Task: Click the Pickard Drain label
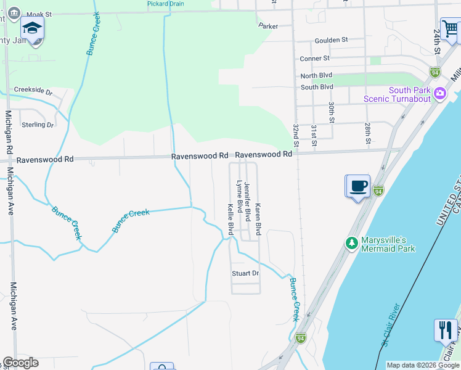pyautogui.click(x=166, y=4)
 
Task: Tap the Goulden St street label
pyautogui.click(x=331, y=40)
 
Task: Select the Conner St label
pyautogui.click(x=315, y=59)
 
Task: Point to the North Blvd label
pyautogui.click(x=317, y=76)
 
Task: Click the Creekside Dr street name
pyautogui.click(x=33, y=90)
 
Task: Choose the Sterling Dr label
pyautogui.click(x=38, y=125)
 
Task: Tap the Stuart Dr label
pyautogui.click(x=245, y=273)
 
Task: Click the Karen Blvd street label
pyautogui.click(x=258, y=219)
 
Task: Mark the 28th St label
pyautogui.click(x=367, y=132)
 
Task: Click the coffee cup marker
pyautogui.click(x=358, y=186)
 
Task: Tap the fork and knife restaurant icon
pyautogui.click(x=445, y=330)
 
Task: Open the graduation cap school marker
pyautogui.click(x=32, y=28)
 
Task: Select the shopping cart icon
pyautogui.click(x=451, y=28)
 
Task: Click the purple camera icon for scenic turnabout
pyautogui.click(x=440, y=94)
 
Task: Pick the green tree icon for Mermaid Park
pyautogui.click(x=352, y=243)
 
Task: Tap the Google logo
pyautogui.click(x=20, y=363)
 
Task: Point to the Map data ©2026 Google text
pyautogui.click(x=422, y=365)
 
